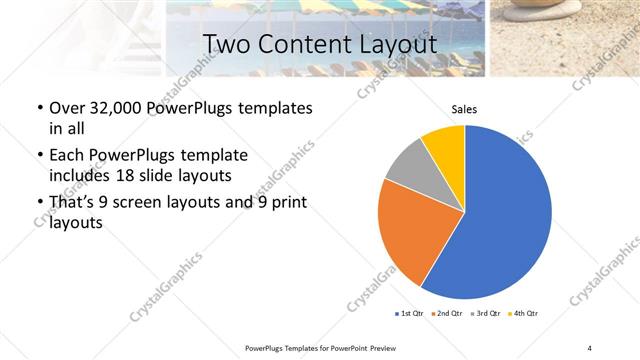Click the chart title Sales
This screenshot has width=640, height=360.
(464, 108)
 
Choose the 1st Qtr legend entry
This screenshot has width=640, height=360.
(409, 314)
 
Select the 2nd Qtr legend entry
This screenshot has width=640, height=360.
(445, 314)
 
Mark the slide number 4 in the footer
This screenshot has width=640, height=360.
(589, 347)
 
